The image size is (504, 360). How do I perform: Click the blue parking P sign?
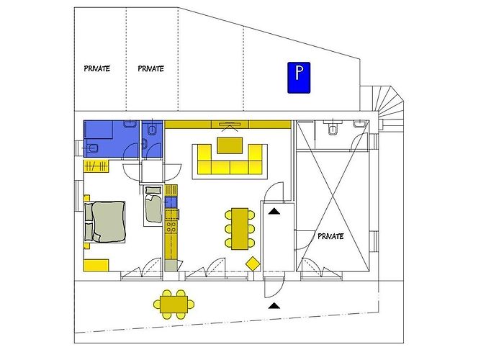(x=299, y=78)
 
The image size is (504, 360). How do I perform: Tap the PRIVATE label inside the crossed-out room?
(x=330, y=236)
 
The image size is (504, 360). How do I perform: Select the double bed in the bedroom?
(x=104, y=222)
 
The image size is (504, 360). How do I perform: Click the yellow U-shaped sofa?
(x=230, y=159)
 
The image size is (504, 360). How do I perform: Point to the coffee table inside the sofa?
(x=230, y=145)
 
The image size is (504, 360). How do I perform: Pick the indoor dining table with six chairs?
(x=240, y=228)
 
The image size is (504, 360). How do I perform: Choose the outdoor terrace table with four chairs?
(x=174, y=305)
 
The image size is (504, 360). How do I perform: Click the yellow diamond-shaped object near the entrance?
(x=253, y=264)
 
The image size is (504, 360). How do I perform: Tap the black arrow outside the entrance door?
(x=274, y=305)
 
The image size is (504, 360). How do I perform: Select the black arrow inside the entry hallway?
(x=274, y=211)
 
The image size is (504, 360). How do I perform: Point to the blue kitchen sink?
(x=171, y=202)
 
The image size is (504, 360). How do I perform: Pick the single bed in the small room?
(x=153, y=208)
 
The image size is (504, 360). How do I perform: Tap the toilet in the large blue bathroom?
(x=93, y=148)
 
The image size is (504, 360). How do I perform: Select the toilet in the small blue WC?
(x=150, y=130)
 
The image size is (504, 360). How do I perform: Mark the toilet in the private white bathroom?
(x=333, y=129)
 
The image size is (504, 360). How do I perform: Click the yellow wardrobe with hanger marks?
(x=96, y=166)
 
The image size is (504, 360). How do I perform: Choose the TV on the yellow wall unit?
(x=230, y=124)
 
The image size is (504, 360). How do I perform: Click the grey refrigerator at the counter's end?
(x=171, y=266)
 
